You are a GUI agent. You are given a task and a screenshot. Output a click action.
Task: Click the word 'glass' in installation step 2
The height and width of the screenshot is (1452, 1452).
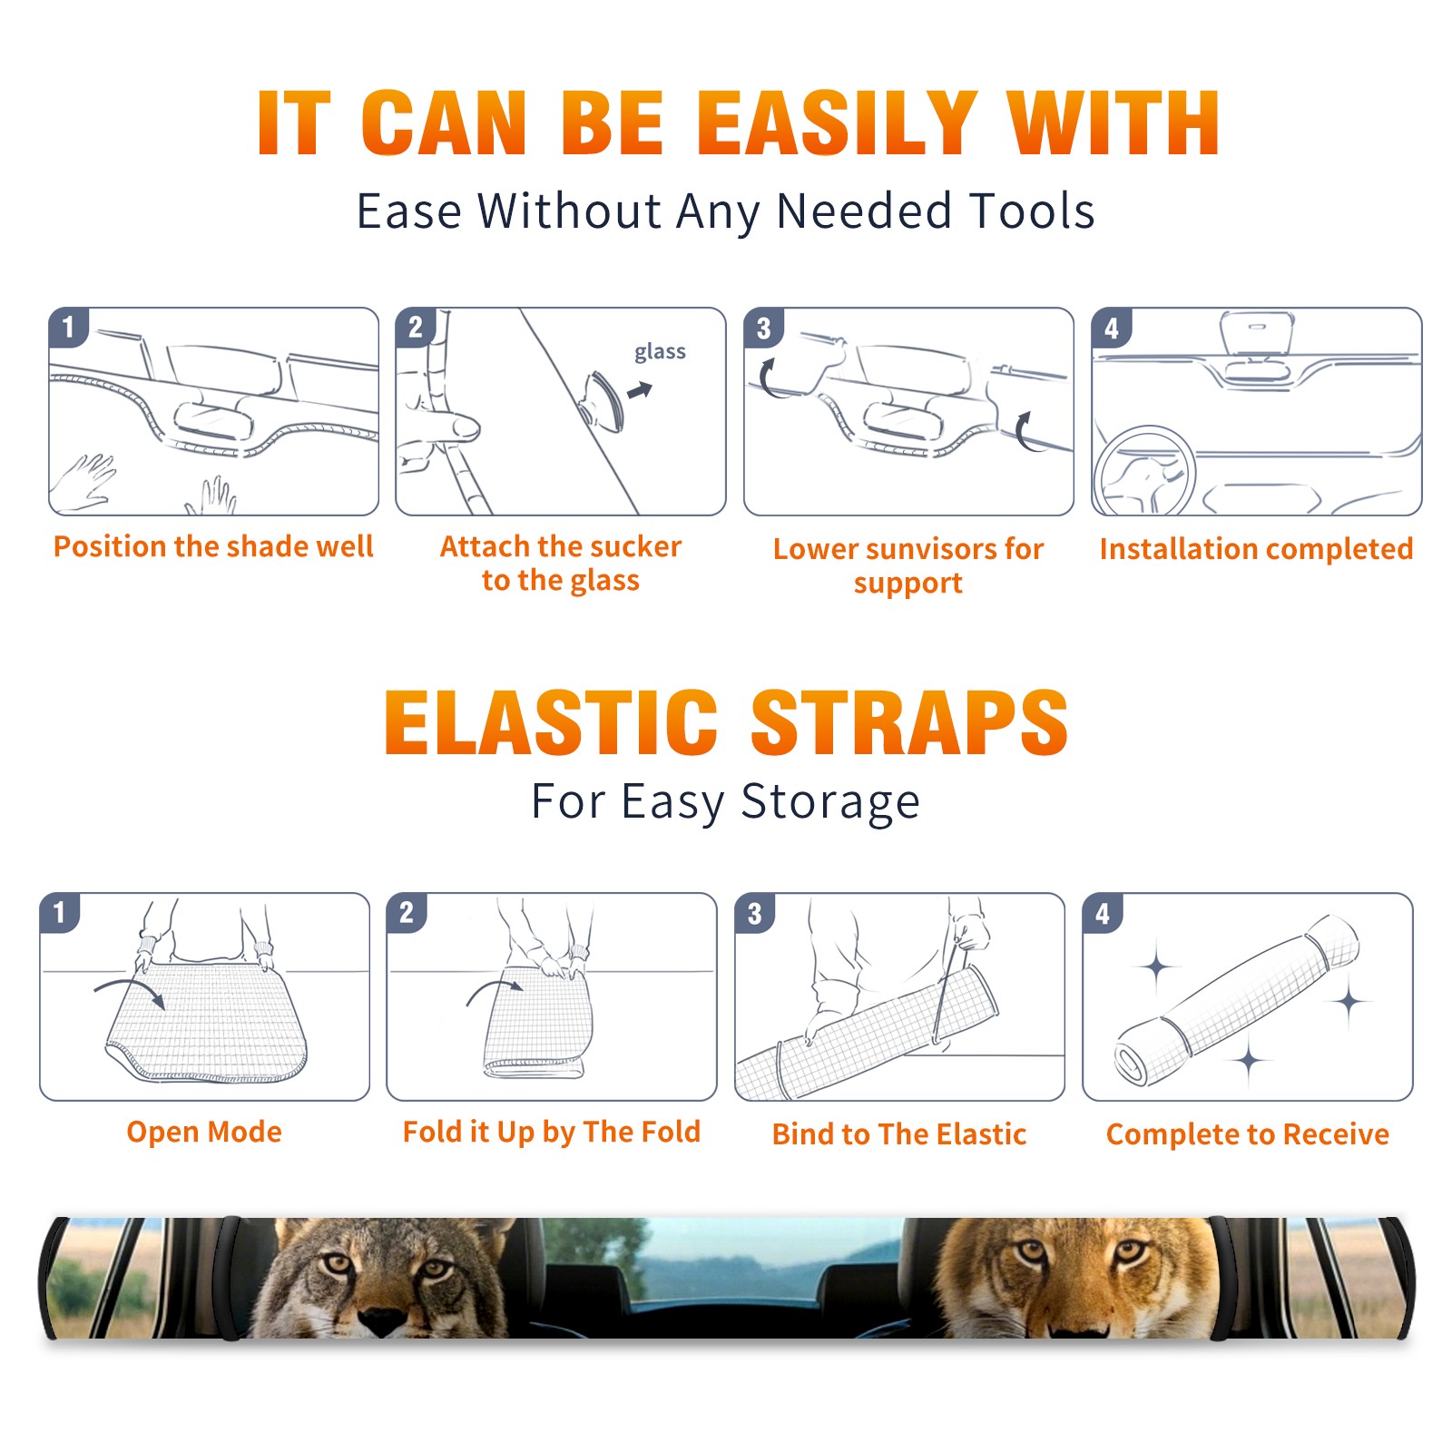pyautogui.click(x=660, y=352)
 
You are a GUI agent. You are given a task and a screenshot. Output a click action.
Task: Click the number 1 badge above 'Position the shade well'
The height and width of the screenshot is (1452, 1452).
pyautogui.click(x=69, y=327)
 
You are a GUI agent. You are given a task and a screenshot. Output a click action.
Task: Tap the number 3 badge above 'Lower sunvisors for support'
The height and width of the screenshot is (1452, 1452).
pyautogui.click(x=764, y=327)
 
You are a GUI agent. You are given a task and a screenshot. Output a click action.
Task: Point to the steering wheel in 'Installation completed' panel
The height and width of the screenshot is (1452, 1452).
pyautogui.click(x=1144, y=471)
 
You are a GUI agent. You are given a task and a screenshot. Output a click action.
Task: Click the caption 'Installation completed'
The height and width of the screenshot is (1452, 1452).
pyautogui.click(x=1256, y=549)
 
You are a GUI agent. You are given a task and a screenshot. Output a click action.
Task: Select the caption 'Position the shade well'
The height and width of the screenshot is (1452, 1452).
pyautogui.click(x=213, y=546)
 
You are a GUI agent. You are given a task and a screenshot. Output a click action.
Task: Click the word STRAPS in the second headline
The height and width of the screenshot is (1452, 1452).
pyautogui.click(x=909, y=722)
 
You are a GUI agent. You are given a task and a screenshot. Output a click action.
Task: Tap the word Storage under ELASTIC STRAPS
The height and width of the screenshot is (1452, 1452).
pyautogui.click(x=830, y=802)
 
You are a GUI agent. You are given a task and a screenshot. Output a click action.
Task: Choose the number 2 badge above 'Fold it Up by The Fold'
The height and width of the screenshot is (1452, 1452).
pyautogui.click(x=407, y=912)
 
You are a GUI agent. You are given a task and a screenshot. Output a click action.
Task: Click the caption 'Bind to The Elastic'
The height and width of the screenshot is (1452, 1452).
pyautogui.click(x=899, y=1134)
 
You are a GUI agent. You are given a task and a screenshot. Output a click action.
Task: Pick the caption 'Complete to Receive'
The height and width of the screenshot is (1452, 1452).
pyautogui.click(x=1248, y=1134)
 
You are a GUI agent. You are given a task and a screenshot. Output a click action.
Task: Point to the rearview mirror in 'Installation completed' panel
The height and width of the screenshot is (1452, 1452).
pyautogui.click(x=1257, y=334)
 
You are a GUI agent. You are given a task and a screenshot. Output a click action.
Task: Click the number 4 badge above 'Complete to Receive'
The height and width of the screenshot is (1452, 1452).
pyautogui.click(x=1103, y=912)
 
